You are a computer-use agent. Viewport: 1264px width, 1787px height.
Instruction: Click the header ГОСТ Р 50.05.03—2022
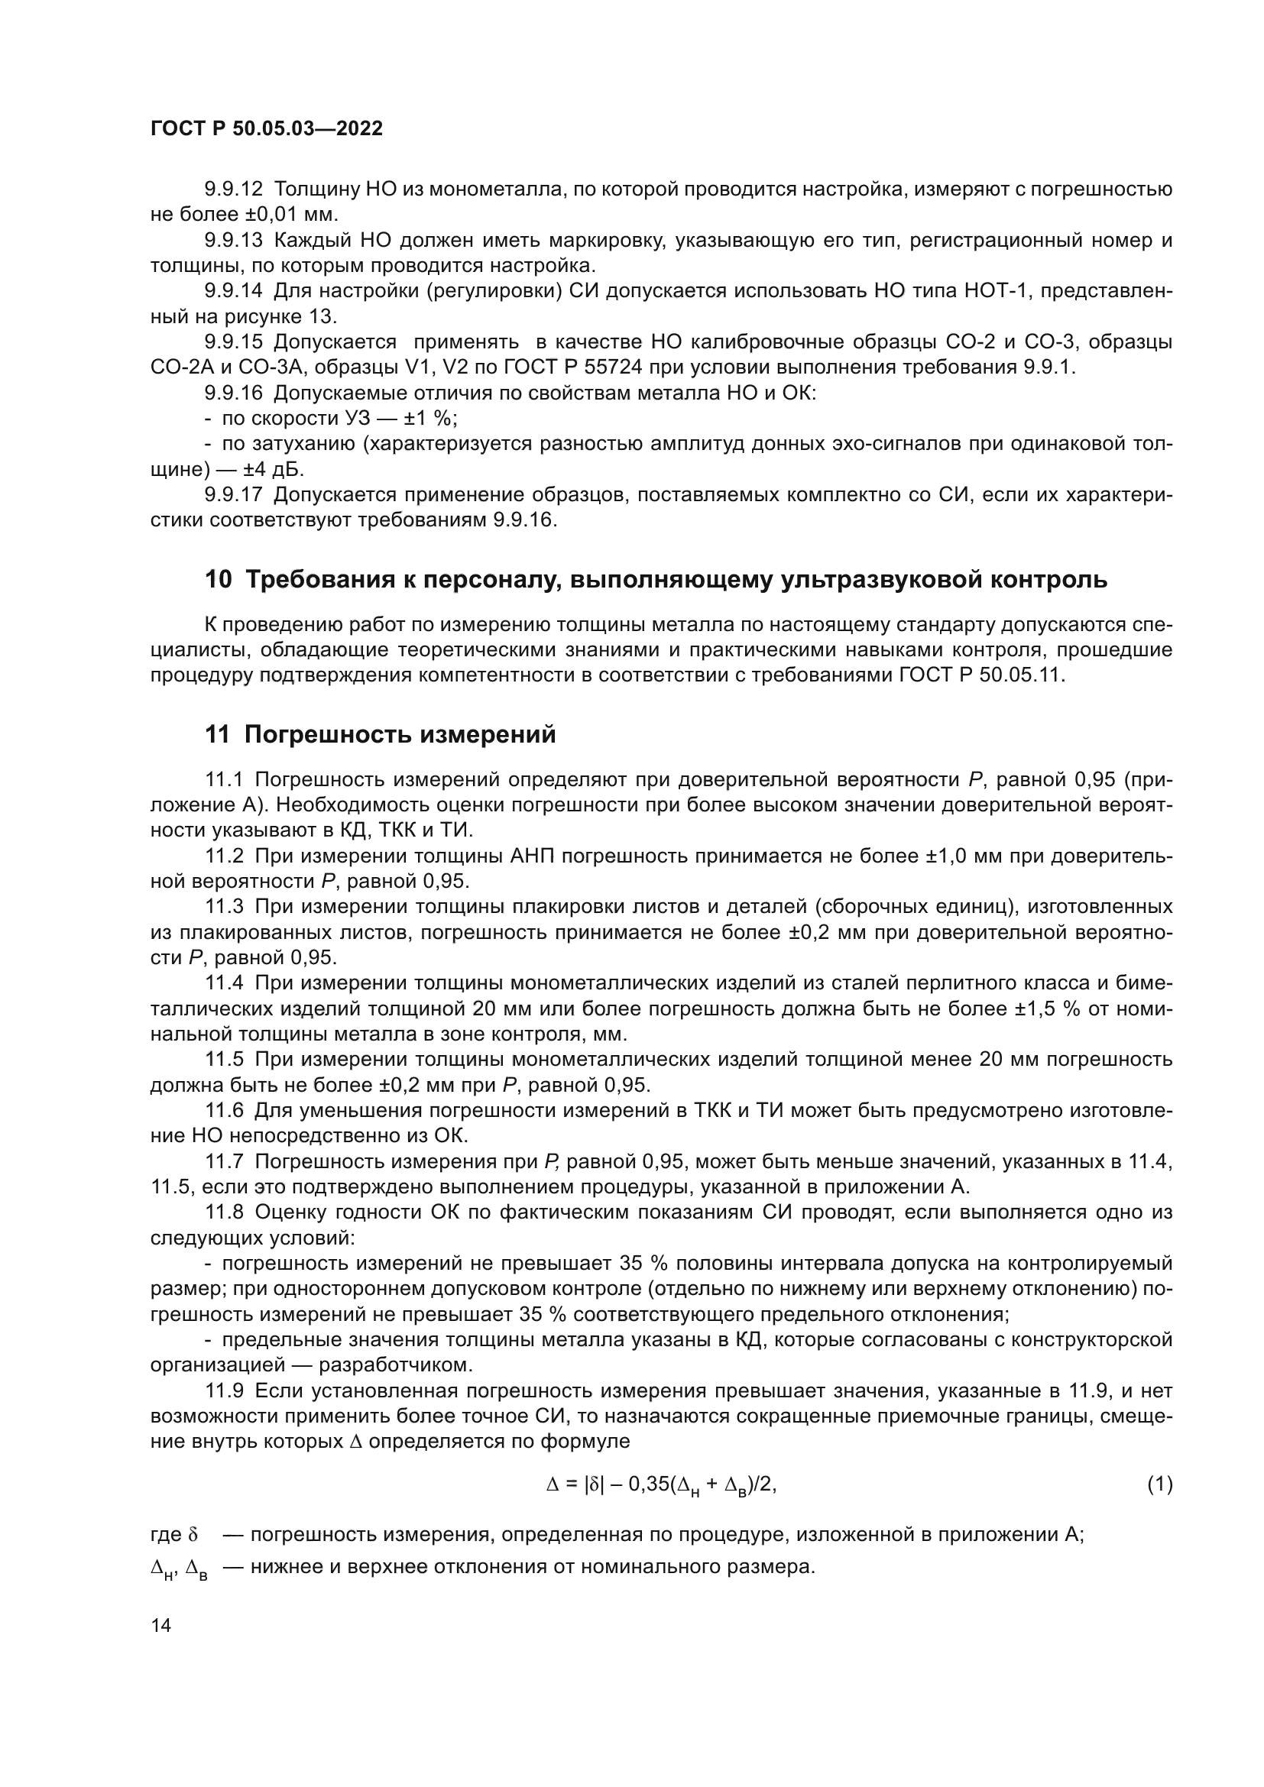266,129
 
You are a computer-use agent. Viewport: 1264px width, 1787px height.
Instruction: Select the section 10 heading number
218,580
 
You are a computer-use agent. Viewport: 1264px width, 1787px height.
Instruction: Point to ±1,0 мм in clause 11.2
965,856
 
